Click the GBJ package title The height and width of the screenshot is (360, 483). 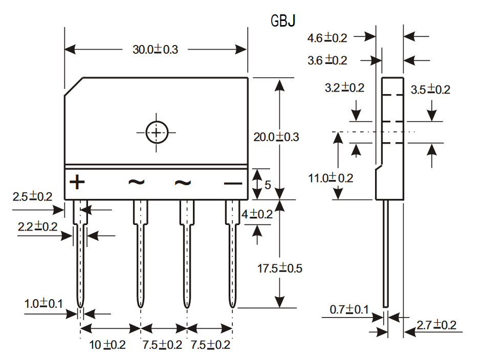click(x=283, y=20)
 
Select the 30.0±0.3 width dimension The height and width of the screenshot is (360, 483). click(x=155, y=49)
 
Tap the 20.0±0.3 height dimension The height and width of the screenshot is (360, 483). click(x=276, y=137)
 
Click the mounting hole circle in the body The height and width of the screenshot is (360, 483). click(x=157, y=133)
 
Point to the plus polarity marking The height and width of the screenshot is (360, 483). click(x=77, y=182)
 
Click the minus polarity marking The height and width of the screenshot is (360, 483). click(x=233, y=184)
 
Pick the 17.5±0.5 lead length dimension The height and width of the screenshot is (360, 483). click(x=280, y=268)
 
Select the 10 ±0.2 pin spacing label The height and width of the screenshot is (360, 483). click(x=107, y=345)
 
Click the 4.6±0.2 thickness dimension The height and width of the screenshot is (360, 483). click(x=327, y=37)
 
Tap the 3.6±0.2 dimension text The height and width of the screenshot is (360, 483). click(x=327, y=60)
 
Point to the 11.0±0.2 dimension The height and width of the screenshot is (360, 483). click(x=331, y=178)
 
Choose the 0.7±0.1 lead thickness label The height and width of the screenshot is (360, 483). click(x=349, y=309)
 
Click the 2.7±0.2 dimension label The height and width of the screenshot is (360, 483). click(x=436, y=325)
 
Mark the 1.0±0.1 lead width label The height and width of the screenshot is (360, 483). click(x=43, y=304)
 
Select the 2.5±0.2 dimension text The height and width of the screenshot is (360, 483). click(x=32, y=196)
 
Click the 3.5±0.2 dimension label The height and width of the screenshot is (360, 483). click(x=430, y=89)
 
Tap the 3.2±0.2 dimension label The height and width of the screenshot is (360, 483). click(x=344, y=88)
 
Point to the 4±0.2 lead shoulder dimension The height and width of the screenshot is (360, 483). click(x=257, y=214)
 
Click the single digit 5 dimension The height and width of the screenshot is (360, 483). click(x=268, y=185)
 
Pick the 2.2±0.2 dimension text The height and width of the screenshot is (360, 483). click(x=37, y=227)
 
